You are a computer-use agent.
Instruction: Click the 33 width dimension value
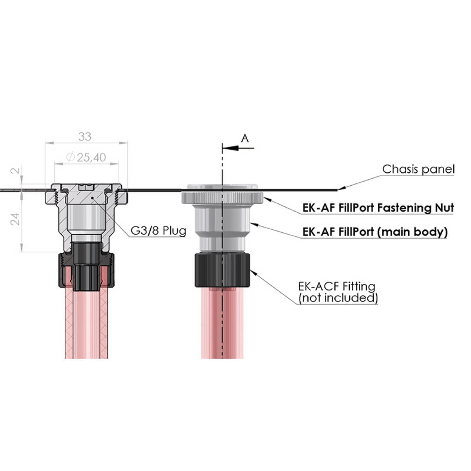tap(85, 137)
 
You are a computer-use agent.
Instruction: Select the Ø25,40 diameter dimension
tap(86, 157)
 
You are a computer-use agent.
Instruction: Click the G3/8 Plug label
tap(158, 230)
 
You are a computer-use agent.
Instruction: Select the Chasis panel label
tap(418, 169)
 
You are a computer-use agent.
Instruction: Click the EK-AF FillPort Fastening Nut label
tap(378, 208)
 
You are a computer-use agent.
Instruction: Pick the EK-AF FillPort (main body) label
tap(375, 232)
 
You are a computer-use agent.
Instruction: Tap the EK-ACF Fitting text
tap(337, 286)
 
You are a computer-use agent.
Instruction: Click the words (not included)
tap(338, 298)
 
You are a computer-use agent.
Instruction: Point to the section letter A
tap(245, 139)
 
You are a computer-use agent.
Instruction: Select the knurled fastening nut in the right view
tap(222, 197)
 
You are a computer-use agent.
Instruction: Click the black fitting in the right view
tap(222, 270)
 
